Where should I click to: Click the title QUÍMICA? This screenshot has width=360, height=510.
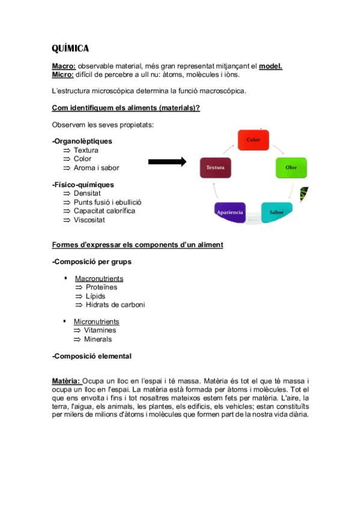click(x=70, y=48)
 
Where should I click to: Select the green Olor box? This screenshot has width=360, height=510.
click(x=291, y=168)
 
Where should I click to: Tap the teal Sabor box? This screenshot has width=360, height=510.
click(x=276, y=212)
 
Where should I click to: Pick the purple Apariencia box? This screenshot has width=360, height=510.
click(x=230, y=213)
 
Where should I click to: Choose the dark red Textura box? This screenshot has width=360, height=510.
click(x=216, y=168)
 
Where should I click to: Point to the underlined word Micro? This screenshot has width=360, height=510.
click(x=63, y=75)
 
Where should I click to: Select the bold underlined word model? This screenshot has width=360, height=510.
click(x=270, y=66)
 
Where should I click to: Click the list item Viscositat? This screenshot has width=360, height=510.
click(x=90, y=220)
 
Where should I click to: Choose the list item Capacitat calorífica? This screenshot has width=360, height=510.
click(x=105, y=211)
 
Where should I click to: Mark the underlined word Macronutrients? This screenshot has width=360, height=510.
click(x=99, y=278)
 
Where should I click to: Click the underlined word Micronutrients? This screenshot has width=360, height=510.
click(x=97, y=322)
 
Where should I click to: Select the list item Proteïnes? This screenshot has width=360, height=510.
click(x=102, y=287)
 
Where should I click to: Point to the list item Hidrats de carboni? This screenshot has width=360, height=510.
click(x=115, y=304)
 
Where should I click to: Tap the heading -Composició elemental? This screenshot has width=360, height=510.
click(x=92, y=356)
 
